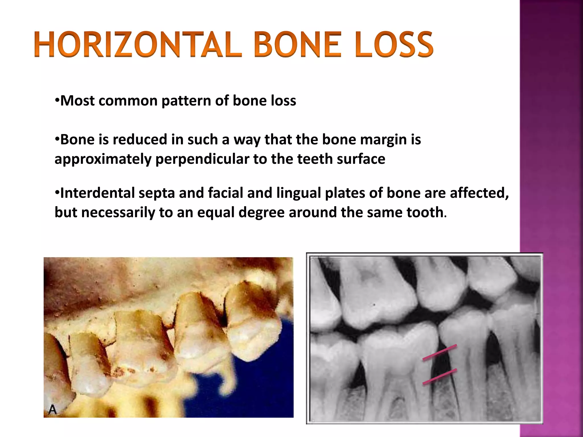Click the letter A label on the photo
coord(53,410)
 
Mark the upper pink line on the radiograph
coord(440,353)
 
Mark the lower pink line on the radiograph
coord(440,377)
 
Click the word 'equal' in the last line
coord(216,212)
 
